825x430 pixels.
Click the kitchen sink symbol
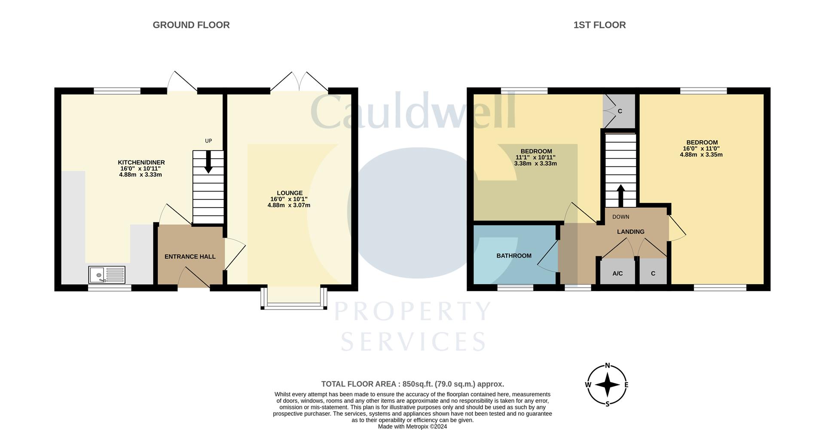[x=107, y=275]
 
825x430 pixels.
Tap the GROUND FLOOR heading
[x=191, y=25]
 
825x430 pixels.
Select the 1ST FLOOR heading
[x=599, y=25]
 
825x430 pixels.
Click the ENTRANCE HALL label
[x=190, y=257]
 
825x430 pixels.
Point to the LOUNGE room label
[x=290, y=193]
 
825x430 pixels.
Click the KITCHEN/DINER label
[x=141, y=163]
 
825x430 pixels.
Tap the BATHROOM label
[x=514, y=256]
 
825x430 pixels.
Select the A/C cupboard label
[x=617, y=273]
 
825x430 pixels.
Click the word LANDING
[x=630, y=232]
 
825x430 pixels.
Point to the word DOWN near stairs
[x=620, y=217]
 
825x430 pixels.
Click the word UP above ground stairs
[x=208, y=141]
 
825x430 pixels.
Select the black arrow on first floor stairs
[x=620, y=196]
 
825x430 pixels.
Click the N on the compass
[x=607, y=366]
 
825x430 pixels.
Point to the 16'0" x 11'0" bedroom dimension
[x=701, y=149]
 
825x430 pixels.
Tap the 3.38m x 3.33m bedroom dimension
[x=535, y=163]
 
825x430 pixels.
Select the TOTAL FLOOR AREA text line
[x=412, y=384]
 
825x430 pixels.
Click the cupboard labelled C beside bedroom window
[x=620, y=111]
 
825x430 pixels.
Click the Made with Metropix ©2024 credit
[x=412, y=427]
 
